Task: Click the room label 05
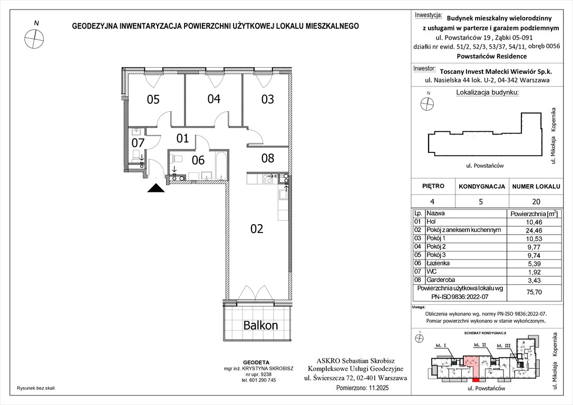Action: [x=153, y=99]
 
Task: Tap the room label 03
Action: [x=268, y=99]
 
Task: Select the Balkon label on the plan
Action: [x=260, y=325]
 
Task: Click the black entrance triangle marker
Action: [x=156, y=188]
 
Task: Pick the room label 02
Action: [x=257, y=229]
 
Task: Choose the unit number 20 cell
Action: [x=536, y=201]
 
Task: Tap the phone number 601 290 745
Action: [x=259, y=380]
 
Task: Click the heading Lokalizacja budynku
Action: [x=487, y=92]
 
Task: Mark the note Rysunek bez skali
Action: [x=36, y=388]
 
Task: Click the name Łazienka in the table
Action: [x=438, y=263]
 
